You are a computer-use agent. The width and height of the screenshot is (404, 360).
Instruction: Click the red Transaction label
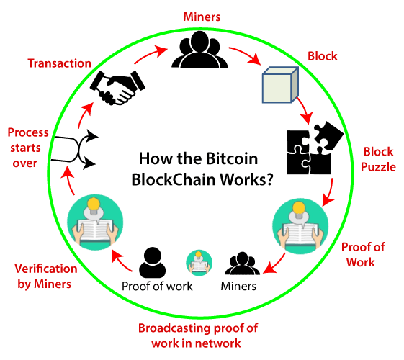pos(60,63)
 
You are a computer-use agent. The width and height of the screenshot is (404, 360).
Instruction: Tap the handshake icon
pos(117,87)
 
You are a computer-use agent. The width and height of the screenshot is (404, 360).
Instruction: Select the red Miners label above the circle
pos(202,17)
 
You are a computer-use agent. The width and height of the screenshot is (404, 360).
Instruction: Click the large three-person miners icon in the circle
pos(199,49)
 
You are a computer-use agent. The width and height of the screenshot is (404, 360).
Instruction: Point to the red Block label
pos(323,56)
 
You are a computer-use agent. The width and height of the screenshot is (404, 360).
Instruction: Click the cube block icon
pos(280,85)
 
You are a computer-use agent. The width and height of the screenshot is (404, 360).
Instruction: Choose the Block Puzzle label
pos(378,159)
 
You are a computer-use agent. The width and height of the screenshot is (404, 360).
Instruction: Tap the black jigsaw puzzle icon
pos(315,148)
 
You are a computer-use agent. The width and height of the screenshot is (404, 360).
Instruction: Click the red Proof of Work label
pos(363,255)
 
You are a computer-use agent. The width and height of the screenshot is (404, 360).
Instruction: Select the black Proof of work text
pos(157,286)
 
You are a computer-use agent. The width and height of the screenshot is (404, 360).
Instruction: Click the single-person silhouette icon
pos(152,262)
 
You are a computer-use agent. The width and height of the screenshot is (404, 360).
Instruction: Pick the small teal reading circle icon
pos(199,263)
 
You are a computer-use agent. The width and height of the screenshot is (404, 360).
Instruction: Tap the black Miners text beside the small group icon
pos(238,286)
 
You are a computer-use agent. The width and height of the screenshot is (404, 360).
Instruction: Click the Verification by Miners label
pos(45,276)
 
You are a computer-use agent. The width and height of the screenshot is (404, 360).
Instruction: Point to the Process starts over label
pos(27,148)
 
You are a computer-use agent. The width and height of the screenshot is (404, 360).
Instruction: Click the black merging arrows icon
pos(74,150)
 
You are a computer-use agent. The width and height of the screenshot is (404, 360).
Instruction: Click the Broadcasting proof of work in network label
pos(197,336)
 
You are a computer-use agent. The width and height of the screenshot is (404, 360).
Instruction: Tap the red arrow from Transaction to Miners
pos(151,54)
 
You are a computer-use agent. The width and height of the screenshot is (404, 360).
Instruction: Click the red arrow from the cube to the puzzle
pos(305,110)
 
